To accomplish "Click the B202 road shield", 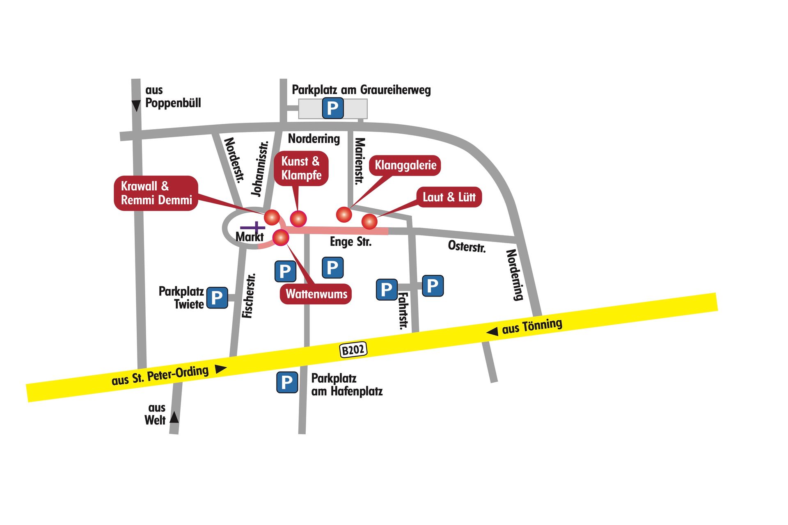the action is pos(353,349).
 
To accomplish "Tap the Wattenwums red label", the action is pos(316,294).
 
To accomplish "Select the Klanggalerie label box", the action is pos(405,165).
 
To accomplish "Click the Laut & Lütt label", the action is pos(449,197).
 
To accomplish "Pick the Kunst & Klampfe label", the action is pos(301,168).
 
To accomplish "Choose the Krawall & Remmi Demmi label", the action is pos(156,193).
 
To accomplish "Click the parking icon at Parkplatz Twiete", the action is pos(217,297).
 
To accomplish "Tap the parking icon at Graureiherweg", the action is pos(333,108).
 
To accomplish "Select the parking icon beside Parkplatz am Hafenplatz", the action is pos(287,382).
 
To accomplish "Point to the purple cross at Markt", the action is pos(253,228).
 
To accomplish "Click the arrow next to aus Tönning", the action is pos(492,331).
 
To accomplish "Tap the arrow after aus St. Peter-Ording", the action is pos(221,369).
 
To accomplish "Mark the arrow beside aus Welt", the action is pos(174,417).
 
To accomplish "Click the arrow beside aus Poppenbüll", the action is pos(136,106).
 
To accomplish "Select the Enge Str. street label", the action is pos(350,242).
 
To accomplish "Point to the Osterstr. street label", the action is pos(467,246).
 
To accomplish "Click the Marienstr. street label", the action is pos(360,161).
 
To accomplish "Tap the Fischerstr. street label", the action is pos(249,296).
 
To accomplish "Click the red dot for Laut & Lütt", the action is pos(369,221).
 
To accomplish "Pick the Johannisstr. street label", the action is pos(260,169).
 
